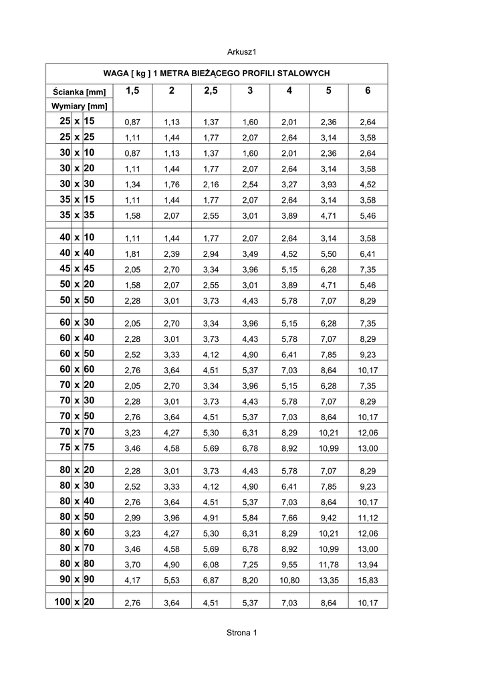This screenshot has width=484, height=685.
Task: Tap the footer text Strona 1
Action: tap(241, 632)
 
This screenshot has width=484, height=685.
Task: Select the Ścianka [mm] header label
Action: tap(79, 92)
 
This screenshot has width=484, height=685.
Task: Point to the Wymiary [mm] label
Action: tap(79, 106)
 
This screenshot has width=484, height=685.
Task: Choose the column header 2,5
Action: tap(211, 91)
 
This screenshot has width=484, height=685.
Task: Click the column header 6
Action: tap(368, 91)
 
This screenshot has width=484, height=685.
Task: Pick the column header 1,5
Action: tap(132, 91)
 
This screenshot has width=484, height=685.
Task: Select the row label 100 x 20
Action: tap(75, 602)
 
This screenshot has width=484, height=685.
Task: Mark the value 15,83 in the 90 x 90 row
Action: tap(368, 580)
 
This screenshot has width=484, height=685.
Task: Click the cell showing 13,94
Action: tap(368, 565)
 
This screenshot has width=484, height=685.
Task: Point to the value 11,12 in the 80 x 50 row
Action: tap(368, 518)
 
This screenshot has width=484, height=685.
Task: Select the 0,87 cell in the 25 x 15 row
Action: tap(132, 122)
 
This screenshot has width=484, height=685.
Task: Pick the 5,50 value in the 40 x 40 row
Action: tap(329, 254)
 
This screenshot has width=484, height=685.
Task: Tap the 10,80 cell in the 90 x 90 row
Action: tap(289, 580)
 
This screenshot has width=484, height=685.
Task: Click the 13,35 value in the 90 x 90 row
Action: tap(329, 580)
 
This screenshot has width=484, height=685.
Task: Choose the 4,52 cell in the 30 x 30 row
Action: tap(368, 184)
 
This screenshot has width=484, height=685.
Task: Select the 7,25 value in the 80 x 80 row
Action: tap(250, 565)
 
